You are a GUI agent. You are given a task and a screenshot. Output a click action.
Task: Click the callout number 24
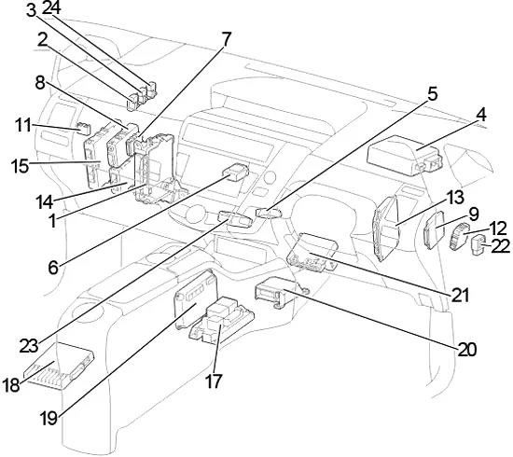point(51,7)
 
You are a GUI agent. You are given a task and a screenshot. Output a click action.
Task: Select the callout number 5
point(432,94)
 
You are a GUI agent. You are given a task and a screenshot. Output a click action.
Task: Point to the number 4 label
point(480,116)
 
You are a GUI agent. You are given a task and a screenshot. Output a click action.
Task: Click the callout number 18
point(11,384)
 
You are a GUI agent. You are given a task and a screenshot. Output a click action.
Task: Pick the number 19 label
point(49,418)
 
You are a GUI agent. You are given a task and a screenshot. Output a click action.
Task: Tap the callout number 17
point(214,381)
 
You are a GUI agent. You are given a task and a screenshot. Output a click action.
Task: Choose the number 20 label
point(467,350)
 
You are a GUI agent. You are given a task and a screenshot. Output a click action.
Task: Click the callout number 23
point(29,346)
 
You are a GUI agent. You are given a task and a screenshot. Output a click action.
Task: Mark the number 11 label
point(23,125)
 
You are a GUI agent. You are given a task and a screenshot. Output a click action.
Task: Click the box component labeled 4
point(405,155)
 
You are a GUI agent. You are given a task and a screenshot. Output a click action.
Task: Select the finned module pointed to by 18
point(59,366)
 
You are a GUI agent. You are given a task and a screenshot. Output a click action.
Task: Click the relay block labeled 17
point(221,319)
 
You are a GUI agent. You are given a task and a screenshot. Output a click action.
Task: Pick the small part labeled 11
point(82,128)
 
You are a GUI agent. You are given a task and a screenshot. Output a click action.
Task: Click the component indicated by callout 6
point(236,172)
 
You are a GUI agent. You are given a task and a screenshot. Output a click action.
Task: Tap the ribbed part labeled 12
point(459,236)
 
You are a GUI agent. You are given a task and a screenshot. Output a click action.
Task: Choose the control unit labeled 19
point(196,299)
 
